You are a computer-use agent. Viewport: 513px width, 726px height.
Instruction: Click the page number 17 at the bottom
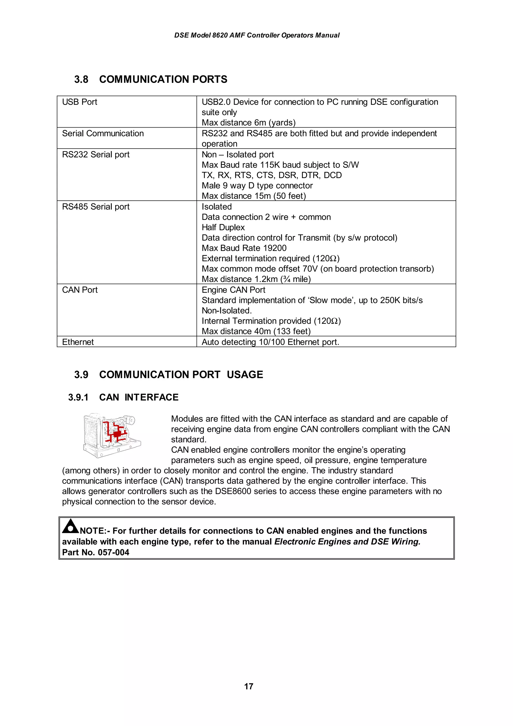248,686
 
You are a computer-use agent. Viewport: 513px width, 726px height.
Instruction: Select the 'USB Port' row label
80,102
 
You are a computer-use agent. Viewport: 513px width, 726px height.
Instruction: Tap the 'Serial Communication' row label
103,134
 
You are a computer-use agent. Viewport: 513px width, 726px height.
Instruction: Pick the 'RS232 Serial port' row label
96,155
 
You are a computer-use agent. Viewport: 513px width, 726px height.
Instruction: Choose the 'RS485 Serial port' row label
96,207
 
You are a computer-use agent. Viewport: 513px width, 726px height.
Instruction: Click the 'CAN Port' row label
80,290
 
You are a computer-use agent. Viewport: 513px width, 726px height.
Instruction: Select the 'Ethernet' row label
78,342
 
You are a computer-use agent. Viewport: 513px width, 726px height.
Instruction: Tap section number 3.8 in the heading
81,79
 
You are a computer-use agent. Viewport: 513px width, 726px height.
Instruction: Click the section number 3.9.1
78,398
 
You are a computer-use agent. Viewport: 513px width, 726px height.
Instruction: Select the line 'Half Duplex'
223,228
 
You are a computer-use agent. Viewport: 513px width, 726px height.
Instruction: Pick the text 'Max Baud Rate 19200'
244,248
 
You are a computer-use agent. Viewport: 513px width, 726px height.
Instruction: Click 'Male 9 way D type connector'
257,186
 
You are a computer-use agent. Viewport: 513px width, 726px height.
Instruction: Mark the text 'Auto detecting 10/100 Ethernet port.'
270,342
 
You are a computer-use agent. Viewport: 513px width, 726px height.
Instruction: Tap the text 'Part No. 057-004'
95,552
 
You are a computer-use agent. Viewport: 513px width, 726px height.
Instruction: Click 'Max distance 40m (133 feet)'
256,331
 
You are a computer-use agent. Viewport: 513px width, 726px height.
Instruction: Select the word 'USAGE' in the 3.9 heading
245,375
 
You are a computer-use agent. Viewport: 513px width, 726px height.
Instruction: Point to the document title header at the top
257,35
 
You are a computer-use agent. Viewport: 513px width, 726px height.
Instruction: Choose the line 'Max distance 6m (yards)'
248,123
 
